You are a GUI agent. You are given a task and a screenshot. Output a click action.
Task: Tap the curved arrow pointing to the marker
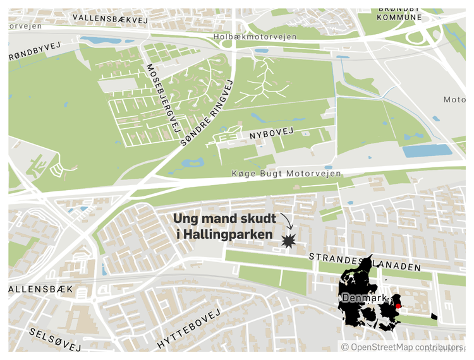click(x=287, y=221)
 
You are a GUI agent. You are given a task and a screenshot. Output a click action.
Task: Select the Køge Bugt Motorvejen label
click(x=287, y=174)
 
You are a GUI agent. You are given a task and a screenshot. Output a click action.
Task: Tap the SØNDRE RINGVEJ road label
click(x=207, y=114)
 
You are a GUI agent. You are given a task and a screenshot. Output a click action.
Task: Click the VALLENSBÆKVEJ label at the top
click(x=109, y=19)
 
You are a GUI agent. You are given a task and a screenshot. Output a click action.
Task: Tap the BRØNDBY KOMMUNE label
click(x=399, y=13)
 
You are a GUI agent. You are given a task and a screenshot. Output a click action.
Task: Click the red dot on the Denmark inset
click(x=398, y=306)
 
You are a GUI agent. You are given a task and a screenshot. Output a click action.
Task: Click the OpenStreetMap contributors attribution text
click(x=401, y=347)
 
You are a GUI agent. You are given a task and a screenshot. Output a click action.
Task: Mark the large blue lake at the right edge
click(x=427, y=151)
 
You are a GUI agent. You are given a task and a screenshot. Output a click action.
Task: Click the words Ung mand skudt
click(x=224, y=219)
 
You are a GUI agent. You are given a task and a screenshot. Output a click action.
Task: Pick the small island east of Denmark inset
click(x=434, y=316)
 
